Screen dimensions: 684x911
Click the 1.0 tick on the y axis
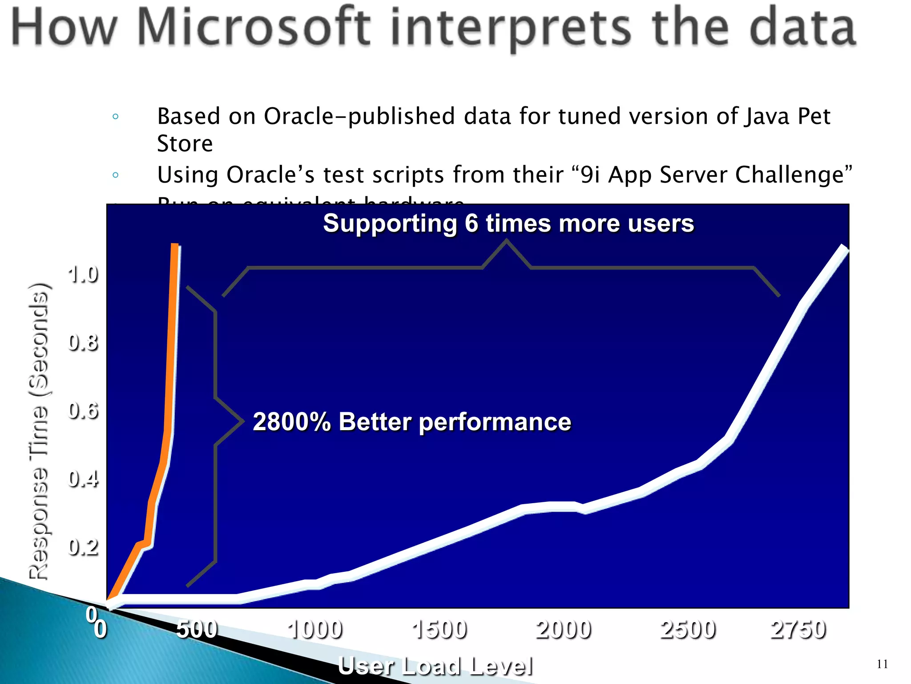pyautogui.click(x=83, y=275)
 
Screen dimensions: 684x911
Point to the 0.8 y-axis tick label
pyautogui.click(x=83, y=343)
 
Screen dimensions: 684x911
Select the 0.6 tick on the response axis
pyautogui.click(x=83, y=411)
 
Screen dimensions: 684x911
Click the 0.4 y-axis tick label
pyautogui.click(x=83, y=479)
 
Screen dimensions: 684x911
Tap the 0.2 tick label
pyautogui.click(x=83, y=547)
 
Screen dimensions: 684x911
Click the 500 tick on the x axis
pyautogui.click(x=197, y=630)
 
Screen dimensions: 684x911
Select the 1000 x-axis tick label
pyautogui.click(x=315, y=630)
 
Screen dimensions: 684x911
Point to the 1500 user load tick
pyautogui.click(x=439, y=630)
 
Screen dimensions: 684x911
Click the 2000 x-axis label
pyautogui.click(x=564, y=630)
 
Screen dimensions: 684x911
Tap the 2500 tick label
pyautogui.click(x=688, y=630)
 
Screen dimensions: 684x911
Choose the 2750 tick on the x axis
pyautogui.click(x=798, y=630)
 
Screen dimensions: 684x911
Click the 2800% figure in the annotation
pyautogui.click(x=291, y=422)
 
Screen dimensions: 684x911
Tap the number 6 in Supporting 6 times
pyautogui.click(x=472, y=223)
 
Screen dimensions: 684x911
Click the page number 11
pyautogui.click(x=882, y=664)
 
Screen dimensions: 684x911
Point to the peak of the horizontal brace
pyautogui.click(x=506, y=241)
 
